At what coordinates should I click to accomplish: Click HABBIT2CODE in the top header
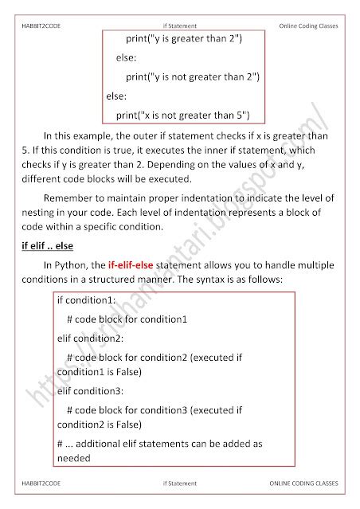[x=41, y=27]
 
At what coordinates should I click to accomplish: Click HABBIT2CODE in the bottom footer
[x=40, y=483]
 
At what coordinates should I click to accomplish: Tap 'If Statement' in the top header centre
[x=179, y=27]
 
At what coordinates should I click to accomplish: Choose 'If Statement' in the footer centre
[x=179, y=483]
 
